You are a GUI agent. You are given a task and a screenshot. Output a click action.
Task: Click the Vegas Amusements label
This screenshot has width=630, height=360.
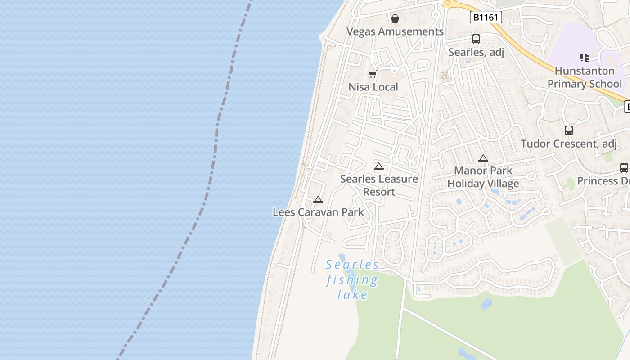(395, 31)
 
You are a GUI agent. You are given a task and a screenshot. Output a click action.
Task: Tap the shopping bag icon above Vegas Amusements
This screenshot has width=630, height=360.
(395, 18)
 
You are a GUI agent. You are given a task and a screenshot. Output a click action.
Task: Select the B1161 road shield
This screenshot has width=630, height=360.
(486, 17)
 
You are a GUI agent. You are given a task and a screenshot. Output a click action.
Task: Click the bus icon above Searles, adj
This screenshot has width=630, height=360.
(476, 39)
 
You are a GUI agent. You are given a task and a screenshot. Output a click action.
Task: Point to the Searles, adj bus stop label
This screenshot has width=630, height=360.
(476, 52)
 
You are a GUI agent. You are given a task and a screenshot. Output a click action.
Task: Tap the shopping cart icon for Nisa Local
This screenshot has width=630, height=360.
(373, 74)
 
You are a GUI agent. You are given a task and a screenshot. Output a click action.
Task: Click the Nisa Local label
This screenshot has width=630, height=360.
(373, 87)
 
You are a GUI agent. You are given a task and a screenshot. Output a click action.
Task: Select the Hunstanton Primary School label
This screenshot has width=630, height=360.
(585, 77)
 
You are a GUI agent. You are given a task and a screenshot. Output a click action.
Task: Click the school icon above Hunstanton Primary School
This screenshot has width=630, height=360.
(585, 57)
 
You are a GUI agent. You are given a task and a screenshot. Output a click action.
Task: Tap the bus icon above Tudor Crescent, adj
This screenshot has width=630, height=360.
(569, 130)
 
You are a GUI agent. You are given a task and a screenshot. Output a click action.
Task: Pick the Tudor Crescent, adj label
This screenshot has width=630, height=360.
(569, 144)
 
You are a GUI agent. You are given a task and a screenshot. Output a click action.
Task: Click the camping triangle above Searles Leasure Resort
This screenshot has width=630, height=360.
(379, 166)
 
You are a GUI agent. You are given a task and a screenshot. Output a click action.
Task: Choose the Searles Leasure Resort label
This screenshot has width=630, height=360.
(379, 185)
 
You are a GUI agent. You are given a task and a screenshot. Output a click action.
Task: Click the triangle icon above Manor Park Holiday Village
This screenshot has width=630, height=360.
(483, 158)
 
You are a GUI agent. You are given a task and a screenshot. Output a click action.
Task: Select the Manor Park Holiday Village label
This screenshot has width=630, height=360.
(483, 177)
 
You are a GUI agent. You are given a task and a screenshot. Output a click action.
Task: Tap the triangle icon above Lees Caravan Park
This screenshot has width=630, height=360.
(318, 199)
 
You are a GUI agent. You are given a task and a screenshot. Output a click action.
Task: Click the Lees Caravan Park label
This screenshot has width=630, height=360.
(318, 212)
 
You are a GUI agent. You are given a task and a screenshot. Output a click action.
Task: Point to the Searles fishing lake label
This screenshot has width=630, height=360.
(352, 279)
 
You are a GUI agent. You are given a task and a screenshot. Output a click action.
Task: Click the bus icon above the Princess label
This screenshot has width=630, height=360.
(624, 168)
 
